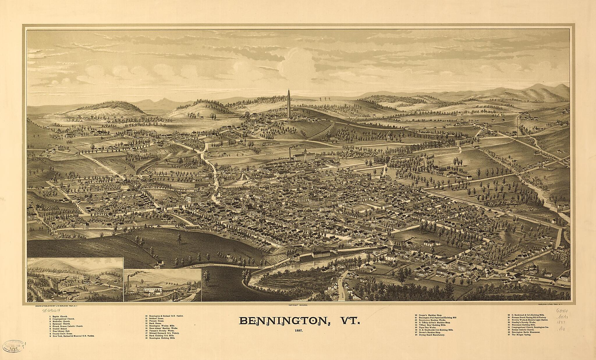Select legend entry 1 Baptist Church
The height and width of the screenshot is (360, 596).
pyautogui.click(x=58, y=316)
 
